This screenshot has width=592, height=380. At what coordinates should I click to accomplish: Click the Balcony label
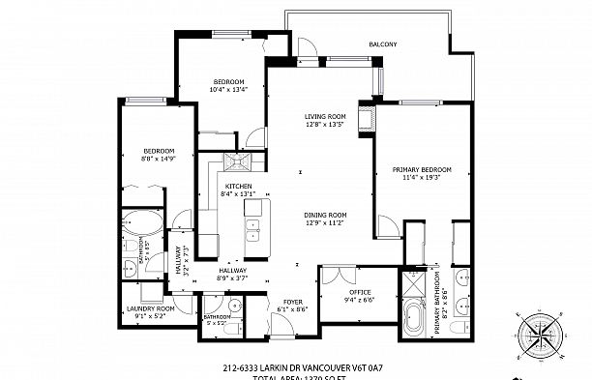pyautogui.click(x=386, y=44)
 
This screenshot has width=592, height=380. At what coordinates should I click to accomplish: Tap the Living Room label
pyautogui.click(x=324, y=115)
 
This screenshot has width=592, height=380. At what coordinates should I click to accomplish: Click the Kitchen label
pyautogui.click(x=238, y=186)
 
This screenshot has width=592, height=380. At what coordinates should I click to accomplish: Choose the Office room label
pyautogui.click(x=360, y=292)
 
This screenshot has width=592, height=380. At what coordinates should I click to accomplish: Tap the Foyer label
pyautogui.click(x=293, y=302)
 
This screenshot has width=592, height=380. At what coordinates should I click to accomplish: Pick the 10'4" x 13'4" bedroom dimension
pyautogui.click(x=228, y=89)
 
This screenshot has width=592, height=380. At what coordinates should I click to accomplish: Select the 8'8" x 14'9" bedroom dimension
pyautogui.click(x=158, y=159)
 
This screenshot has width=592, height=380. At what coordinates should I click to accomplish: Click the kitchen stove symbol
pyautogui.click(x=237, y=161)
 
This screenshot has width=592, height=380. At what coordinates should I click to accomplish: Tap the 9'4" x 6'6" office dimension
pyautogui.click(x=360, y=300)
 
